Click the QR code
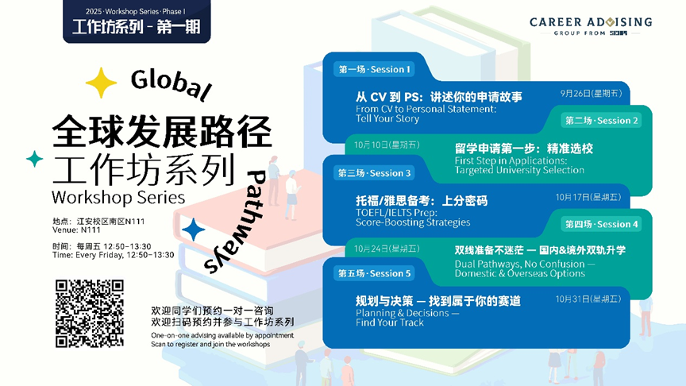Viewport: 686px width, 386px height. point(89,314)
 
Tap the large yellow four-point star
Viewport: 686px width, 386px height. point(101,83)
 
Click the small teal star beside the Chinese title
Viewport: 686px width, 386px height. point(34,159)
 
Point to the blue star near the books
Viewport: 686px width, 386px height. point(193,230)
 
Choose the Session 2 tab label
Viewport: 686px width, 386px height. point(602,121)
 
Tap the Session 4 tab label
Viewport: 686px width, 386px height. point(602,224)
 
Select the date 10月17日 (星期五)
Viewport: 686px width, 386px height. point(588,196)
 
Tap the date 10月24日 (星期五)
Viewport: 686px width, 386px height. point(387,248)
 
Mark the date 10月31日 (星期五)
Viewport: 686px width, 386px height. point(588,299)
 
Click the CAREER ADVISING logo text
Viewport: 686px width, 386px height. point(591,22)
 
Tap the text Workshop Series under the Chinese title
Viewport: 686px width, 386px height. point(106,195)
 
